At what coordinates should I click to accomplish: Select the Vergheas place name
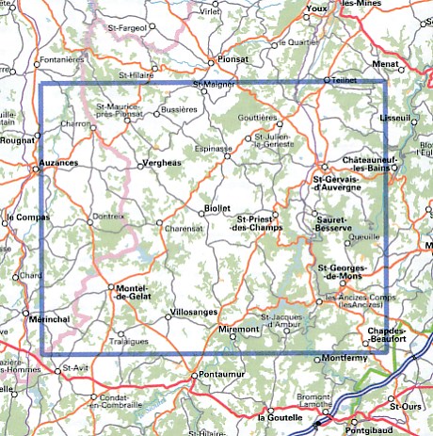[162, 162]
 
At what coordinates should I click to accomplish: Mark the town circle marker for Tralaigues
[120, 332]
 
